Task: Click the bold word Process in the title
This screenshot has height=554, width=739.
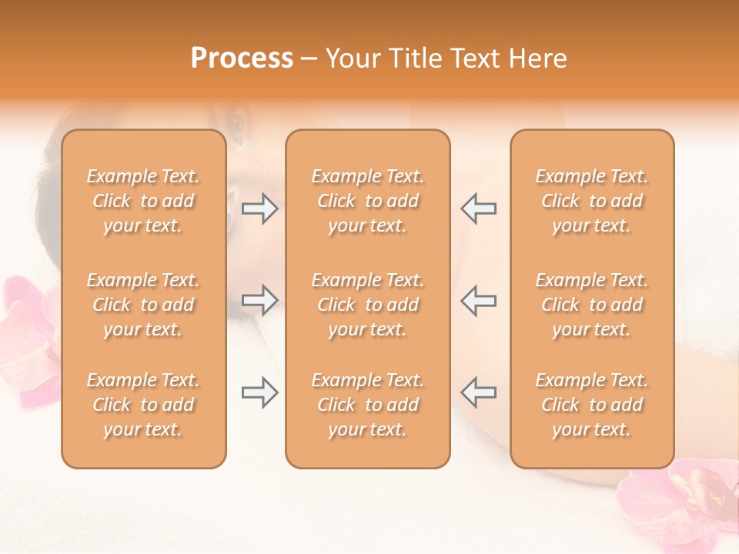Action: [x=242, y=58]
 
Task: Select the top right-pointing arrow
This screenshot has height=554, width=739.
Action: [x=260, y=209]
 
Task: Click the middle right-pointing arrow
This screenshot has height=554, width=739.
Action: [x=260, y=300]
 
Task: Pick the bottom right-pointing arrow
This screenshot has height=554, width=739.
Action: [x=260, y=392]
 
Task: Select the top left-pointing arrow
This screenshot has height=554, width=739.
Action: [x=478, y=209]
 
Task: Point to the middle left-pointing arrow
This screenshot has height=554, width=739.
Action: [x=478, y=300]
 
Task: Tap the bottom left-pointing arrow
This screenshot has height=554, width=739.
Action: [x=478, y=392]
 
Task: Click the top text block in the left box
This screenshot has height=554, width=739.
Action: [x=143, y=201]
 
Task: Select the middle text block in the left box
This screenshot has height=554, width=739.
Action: [x=143, y=305]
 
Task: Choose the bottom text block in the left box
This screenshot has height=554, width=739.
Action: [x=143, y=405]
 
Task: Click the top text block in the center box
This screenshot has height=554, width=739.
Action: [x=367, y=201]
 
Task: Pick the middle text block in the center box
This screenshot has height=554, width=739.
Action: [x=367, y=305]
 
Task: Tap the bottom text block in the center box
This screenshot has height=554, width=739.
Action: [x=367, y=405]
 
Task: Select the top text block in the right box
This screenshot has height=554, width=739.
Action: [x=591, y=201]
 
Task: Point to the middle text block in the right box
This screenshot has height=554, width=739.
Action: [x=591, y=305]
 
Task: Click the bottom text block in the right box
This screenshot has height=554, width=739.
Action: [x=591, y=405]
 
